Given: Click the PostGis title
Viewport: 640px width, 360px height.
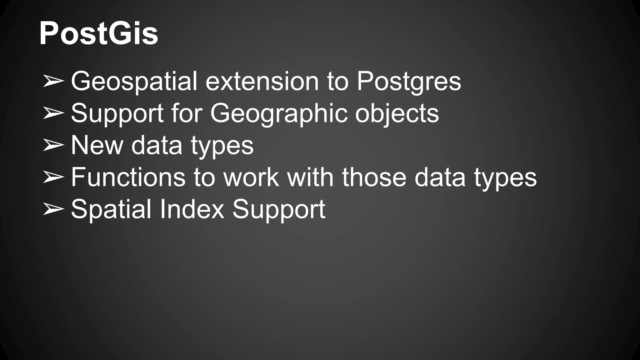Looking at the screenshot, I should (98, 34).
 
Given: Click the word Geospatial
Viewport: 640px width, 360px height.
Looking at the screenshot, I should (134, 81).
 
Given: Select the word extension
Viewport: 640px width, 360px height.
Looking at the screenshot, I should (262, 81).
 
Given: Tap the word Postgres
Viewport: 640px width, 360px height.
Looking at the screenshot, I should (409, 81).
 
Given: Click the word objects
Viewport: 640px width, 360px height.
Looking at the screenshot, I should (397, 113).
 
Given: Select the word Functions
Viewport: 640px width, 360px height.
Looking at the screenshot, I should (128, 177).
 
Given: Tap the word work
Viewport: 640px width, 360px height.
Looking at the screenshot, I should (251, 177).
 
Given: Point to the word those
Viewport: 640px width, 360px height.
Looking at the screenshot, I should (374, 177).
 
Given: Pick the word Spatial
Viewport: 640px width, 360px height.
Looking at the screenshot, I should (111, 209).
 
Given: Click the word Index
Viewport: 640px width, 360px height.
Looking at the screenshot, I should (192, 209).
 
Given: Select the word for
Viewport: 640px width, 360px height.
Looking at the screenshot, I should (187, 113).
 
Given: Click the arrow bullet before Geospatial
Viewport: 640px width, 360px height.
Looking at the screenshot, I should (53, 81).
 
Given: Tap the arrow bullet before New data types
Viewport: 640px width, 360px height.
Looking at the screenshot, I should (53, 145).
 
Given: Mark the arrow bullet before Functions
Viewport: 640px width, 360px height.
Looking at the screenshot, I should (53, 177).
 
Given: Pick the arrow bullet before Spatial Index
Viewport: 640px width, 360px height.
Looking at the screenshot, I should (53, 209).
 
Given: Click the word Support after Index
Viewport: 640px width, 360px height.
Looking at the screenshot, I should (279, 209).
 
